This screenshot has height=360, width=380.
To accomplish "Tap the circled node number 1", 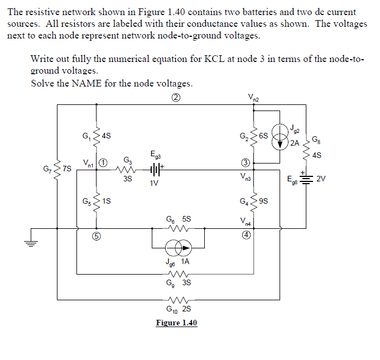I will (x=103, y=163).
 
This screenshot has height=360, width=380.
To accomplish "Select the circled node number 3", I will (x=244, y=163).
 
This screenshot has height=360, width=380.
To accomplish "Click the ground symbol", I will (x=31, y=243).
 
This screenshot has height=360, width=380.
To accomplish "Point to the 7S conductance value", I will (x=67, y=168).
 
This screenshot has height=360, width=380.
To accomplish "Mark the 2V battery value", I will (x=320, y=179).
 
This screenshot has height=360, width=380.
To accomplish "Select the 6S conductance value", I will (x=264, y=136).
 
